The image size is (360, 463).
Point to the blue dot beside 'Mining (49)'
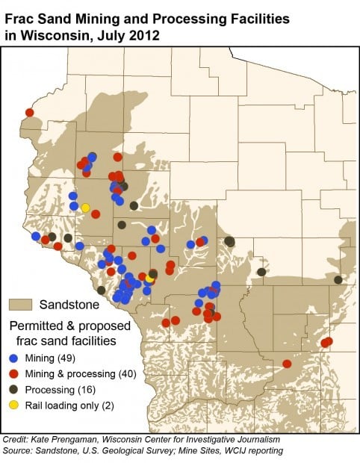(14, 358)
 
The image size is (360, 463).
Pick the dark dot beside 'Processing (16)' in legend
(14, 389)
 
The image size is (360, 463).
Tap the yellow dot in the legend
(14, 405)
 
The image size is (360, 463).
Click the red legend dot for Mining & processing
(14, 373)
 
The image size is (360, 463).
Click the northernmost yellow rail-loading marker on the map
(85, 207)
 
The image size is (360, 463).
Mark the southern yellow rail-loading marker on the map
(149, 278)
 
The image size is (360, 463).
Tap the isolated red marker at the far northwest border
(30, 113)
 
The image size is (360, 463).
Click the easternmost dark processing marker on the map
(338, 279)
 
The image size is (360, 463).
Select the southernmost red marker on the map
(287, 364)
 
